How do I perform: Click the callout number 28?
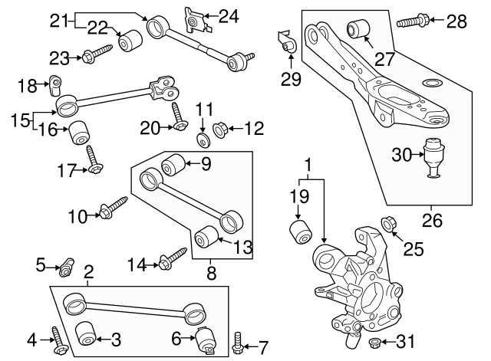[456, 21]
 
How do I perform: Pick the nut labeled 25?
[389, 224]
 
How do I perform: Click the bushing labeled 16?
[81, 133]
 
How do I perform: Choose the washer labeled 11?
[204, 139]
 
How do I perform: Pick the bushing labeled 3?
[87, 334]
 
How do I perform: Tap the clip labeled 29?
[286, 44]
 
